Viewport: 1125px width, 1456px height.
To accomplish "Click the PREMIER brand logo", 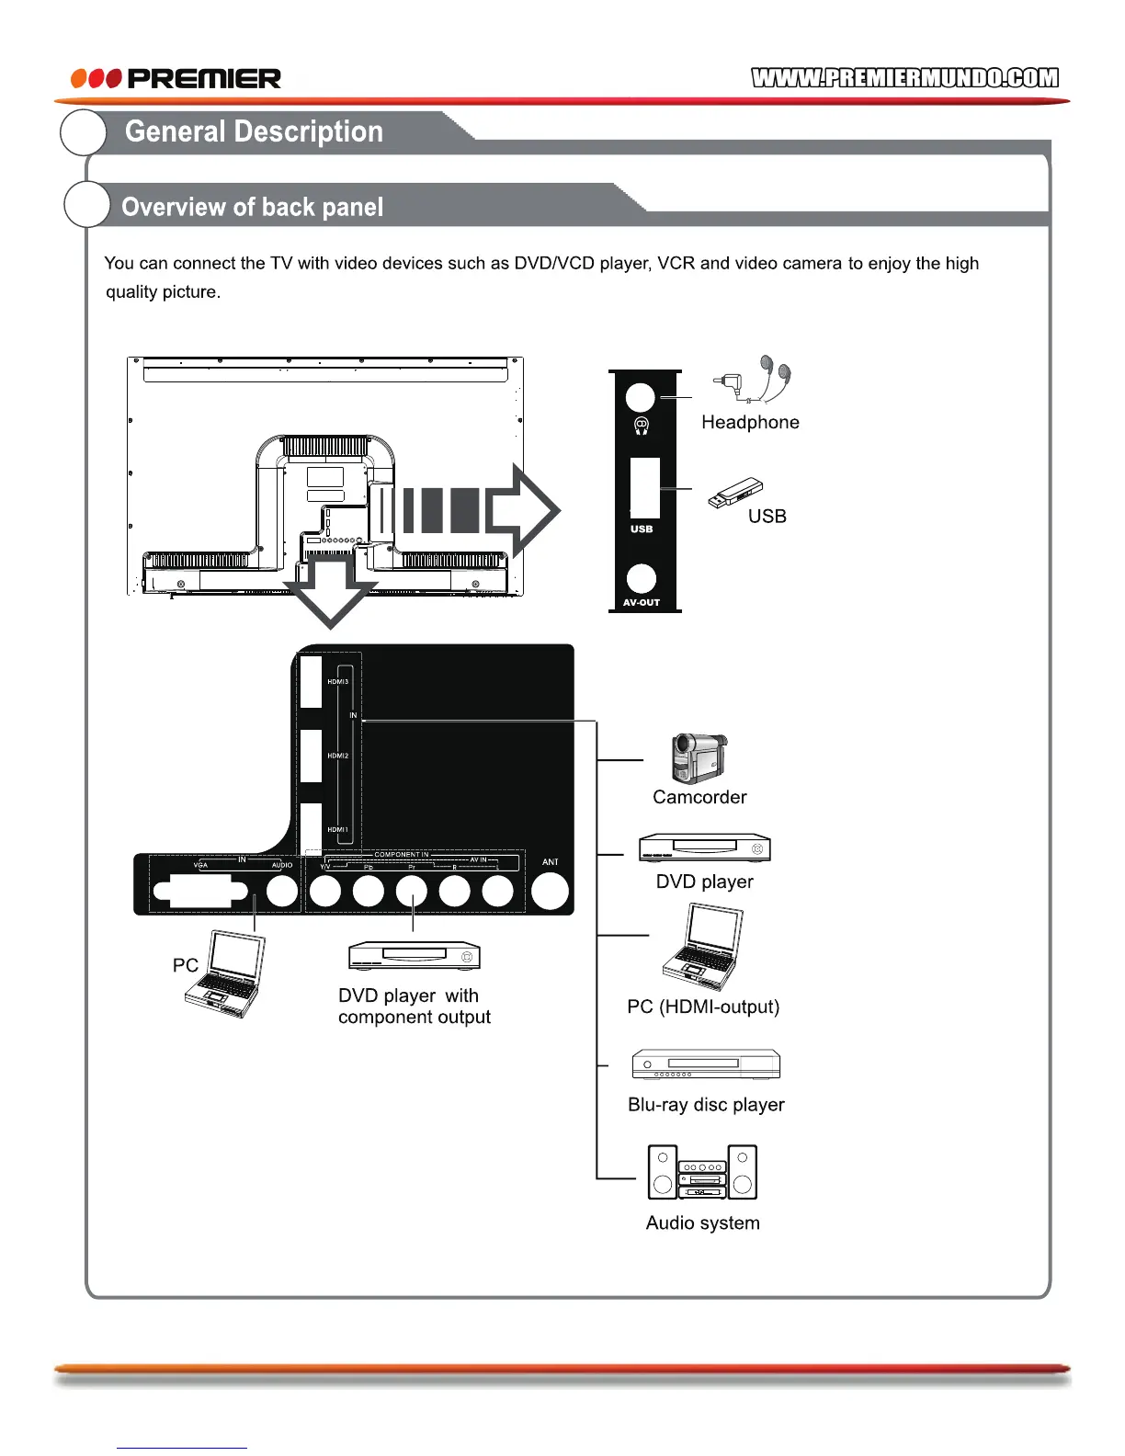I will [x=176, y=78].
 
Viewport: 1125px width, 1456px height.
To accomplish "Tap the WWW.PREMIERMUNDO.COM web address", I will [x=904, y=78].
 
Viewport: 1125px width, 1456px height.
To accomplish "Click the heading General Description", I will [x=254, y=131].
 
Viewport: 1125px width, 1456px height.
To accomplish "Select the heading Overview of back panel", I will [x=252, y=207].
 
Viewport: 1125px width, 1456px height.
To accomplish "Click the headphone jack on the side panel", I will [x=641, y=397].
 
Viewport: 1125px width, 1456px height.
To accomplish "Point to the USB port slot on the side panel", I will [x=644, y=487].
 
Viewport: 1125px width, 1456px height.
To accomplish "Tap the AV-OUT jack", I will [x=642, y=577].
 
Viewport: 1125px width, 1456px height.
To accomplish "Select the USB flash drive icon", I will [x=735, y=493].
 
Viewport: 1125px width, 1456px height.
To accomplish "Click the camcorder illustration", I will [x=699, y=757].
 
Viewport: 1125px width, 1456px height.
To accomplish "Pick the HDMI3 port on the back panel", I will [x=312, y=682].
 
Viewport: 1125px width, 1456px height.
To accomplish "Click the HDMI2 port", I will [x=312, y=756].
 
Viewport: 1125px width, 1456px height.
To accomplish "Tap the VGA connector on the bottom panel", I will [x=200, y=891].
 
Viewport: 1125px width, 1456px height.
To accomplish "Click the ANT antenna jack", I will [x=550, y=891].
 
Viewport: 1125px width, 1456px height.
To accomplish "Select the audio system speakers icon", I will [x=702, y=1172].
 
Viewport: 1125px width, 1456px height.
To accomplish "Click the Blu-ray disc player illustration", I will [x=706, y=1064].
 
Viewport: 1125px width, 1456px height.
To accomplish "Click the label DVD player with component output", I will [x=414, y=1007].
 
